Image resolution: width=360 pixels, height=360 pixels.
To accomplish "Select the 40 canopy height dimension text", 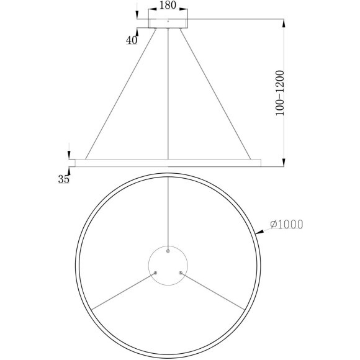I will (x=131, y=40).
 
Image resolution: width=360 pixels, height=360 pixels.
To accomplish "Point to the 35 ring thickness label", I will (x=63, y=180).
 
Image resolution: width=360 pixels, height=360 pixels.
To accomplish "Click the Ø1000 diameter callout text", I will (x=287, y=225).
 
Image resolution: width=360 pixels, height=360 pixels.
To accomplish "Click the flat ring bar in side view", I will (x=168, y=163).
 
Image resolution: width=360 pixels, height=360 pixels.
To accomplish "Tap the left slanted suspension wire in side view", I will (x=121, y=93).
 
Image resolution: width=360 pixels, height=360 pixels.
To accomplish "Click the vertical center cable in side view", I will (x=168, y=93).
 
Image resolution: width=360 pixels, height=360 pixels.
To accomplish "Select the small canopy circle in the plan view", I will (x=168, y=265).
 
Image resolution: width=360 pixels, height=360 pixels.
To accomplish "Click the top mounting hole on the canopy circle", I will (x=168, y=251).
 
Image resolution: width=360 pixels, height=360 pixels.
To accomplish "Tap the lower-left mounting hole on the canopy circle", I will (x=156, y=272).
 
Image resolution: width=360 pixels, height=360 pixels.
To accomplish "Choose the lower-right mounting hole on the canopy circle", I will (x=181, y=272).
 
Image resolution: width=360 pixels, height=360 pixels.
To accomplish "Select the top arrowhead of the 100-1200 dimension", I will (x=284, y=24).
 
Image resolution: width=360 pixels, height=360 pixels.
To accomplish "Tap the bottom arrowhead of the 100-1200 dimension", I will (x=284, y=163).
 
